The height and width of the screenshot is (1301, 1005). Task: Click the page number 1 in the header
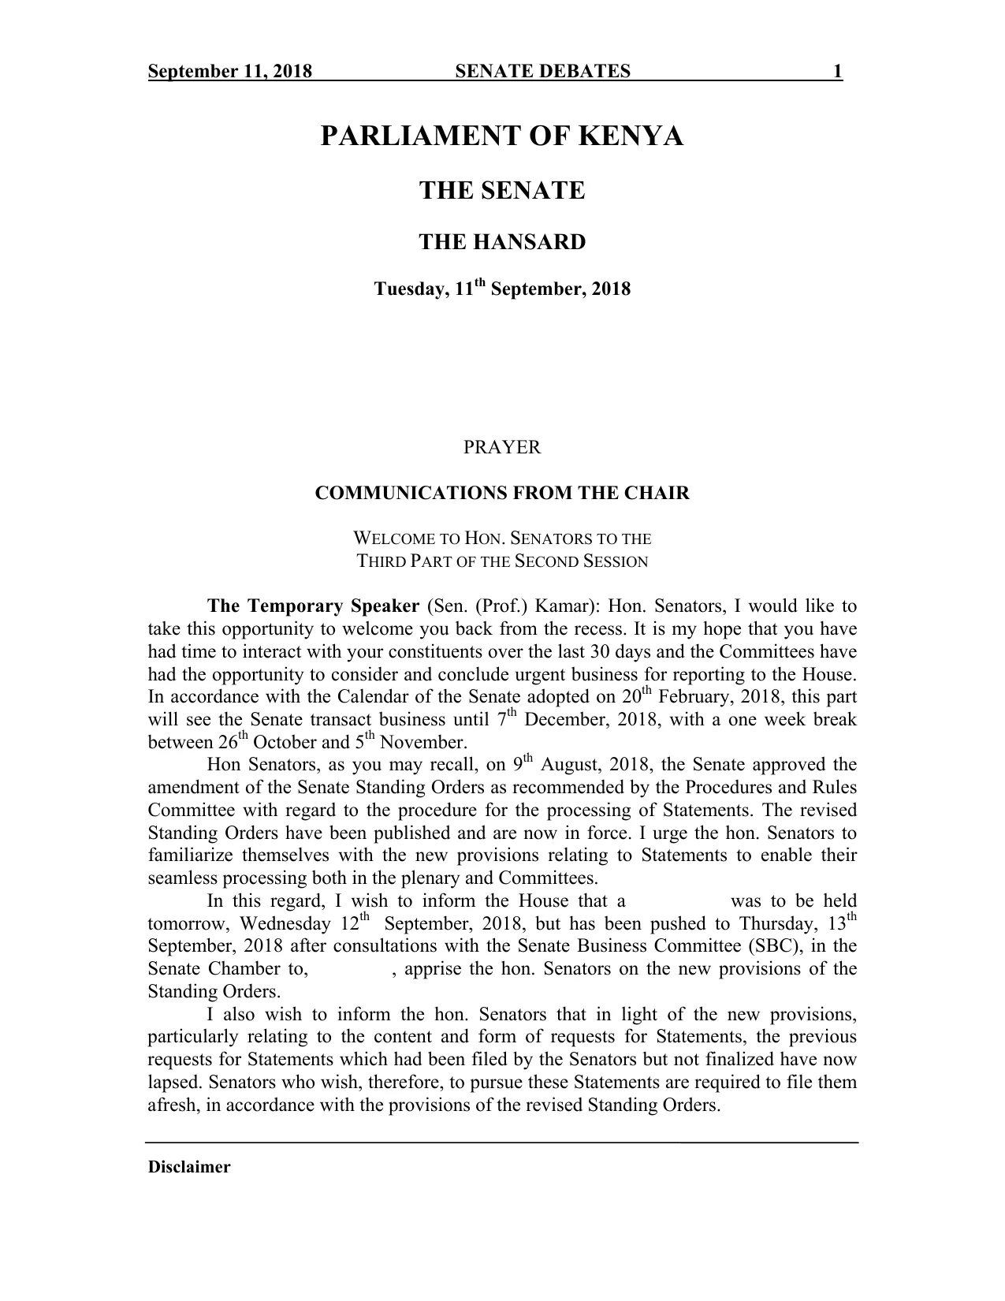click(x=838, y=73)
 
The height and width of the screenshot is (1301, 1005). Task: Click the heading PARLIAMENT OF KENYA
click(x=502, y=137)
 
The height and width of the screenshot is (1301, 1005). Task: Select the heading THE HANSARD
click(x=502, y=242)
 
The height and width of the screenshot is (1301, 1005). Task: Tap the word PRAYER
click(x=502, y=448)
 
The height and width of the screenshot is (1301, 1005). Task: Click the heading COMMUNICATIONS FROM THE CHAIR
click(x=502, y=494)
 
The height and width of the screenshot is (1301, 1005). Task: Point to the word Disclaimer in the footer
click(x=189, y=1168)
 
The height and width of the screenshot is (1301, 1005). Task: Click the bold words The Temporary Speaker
click(x=313, y=606)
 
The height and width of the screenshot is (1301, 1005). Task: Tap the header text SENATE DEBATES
click(x=543, y=73)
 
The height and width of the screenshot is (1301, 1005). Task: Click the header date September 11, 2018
click(x=230, y=73)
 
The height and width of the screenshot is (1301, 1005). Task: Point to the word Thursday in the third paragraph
click(x=776, y=924)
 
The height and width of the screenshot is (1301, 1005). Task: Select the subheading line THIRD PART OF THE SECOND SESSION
click(x=502, y=562)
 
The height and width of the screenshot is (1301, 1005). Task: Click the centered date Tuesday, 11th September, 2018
click(x=502, y=289)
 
